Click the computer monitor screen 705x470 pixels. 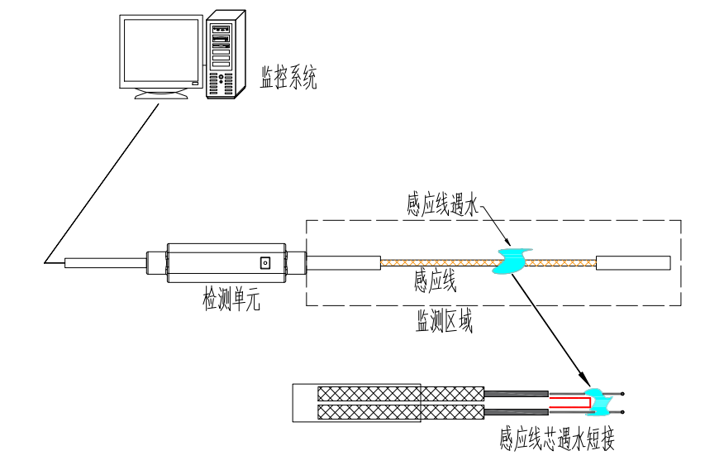coord(161,49)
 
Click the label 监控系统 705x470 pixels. coord(288,79)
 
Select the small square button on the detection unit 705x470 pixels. coord(265,263)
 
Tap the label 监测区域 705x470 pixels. coord(444,323)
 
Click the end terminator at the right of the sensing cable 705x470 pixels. coord(632,263)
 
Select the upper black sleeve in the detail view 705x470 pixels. coord(516,392)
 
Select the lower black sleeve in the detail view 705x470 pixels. coord(516,412)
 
